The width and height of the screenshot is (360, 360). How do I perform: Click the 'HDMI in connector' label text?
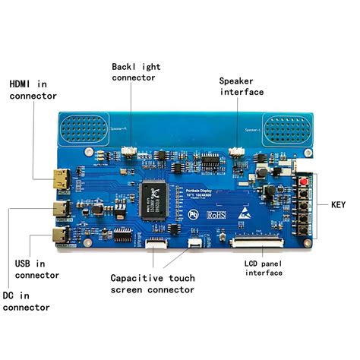coord(32,88)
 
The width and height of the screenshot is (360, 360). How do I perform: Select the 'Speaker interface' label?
coord(242,86)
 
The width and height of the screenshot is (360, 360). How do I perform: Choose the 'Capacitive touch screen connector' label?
coord(153,283)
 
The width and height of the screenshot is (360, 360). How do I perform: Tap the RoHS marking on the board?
coord(216,216)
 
